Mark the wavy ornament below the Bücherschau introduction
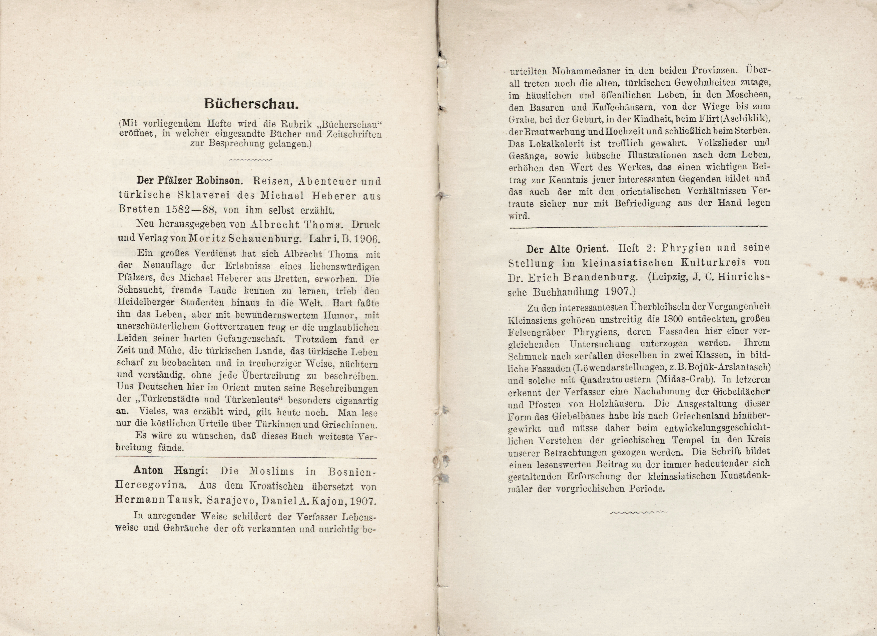tap(251, 159)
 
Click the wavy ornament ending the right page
tap(638, 513)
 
